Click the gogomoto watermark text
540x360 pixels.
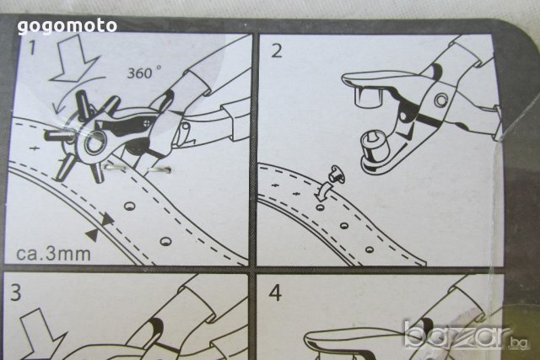pos(67,26)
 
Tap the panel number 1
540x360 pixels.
pos(32,47)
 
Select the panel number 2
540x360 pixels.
pos(277,51)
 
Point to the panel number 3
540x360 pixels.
pos(16,293)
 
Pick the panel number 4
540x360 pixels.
pos(276,293)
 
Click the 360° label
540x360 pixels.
pos(144,73)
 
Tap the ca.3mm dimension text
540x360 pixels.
pos(54,254)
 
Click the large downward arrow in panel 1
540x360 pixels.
pos(73,60)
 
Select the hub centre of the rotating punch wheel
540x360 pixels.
pos(93,142)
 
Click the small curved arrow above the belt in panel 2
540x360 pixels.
pos(323,191)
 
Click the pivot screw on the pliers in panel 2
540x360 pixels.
pos(441,99)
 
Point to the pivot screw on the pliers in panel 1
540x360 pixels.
pos(145,123)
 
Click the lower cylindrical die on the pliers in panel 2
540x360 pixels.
pos(375,146)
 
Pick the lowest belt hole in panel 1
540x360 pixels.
pos(165,241)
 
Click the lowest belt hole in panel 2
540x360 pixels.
pos(370,250)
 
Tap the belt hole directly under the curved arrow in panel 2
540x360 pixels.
pos(321,207)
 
